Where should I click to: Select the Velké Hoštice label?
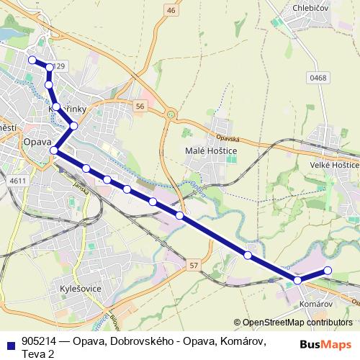click(334, 165)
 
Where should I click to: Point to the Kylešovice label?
click(81, 289)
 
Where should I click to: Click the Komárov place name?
click(314, 305)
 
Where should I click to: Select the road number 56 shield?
click(140, 106)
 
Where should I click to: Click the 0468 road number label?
click(318, 78)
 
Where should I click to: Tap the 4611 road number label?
click(18, 181)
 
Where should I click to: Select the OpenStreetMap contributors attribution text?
click(293, 323)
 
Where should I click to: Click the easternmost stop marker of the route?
click(328, 271)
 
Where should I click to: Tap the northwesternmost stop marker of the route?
click(32, 60)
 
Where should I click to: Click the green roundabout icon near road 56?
click(171, 113)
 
